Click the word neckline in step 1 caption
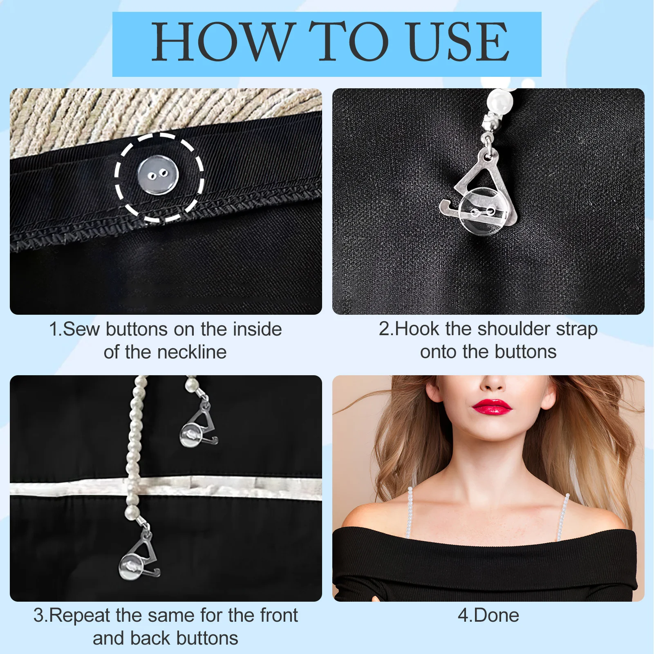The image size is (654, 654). point(192,352)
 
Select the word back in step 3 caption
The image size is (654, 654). point(152,638)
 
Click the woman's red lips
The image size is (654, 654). point(492,407)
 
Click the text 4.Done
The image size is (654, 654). point(488,616)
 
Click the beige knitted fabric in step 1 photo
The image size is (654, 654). point(123,114)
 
